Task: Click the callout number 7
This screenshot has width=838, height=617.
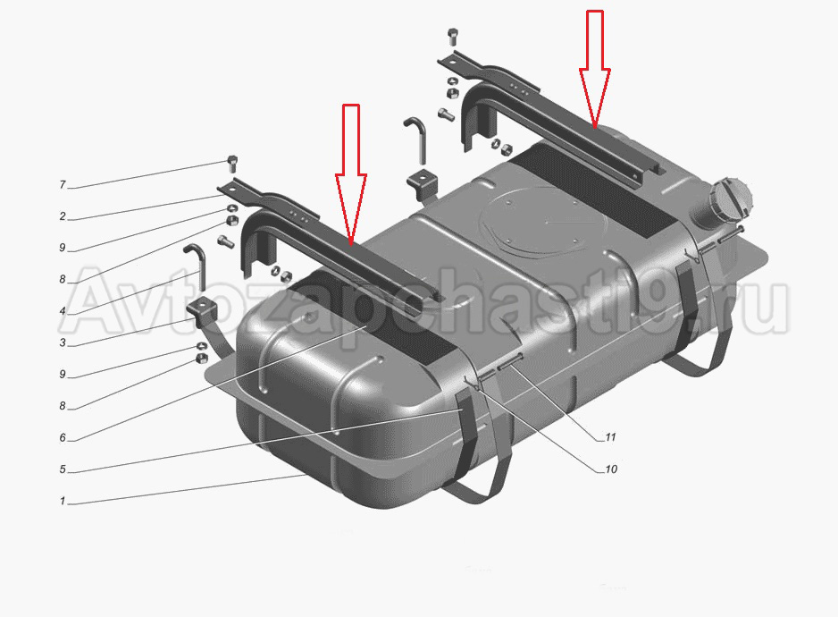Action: point(63,184)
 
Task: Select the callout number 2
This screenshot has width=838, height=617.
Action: point(63,216)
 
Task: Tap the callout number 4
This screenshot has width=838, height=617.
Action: point(63,311)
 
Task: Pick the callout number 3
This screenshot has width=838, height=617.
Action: point(63,342)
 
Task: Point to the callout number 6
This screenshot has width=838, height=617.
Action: point(63,437)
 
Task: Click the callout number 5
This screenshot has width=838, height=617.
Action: point(63,469)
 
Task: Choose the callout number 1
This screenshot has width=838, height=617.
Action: point(63,501)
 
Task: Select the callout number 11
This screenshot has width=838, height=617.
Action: point(610,437)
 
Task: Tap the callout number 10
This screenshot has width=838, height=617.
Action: point(611,469)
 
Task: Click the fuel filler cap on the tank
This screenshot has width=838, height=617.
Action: point(730,200)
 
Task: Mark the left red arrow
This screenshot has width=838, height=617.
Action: point(350,174)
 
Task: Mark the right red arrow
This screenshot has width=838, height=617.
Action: point(595,70)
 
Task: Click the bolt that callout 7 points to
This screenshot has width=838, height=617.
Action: point(232,163)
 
